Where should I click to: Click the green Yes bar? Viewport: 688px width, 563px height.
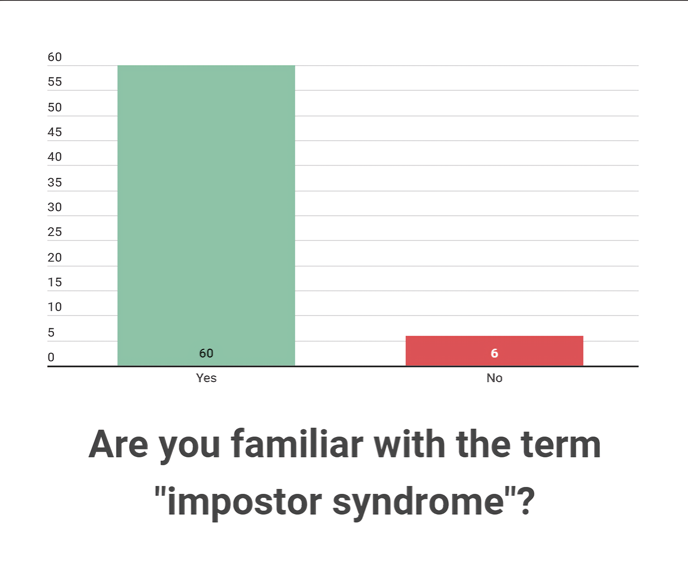pyautogui.click(x=206, y=215)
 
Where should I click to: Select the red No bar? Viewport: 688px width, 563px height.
pyautogui.click(x=494, y=351)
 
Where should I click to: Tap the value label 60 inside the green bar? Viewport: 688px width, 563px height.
pyautogui.click(x=206, y=353)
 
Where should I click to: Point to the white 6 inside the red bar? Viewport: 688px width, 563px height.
pyautogui.click(x=494, y=353)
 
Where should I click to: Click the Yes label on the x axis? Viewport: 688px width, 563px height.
pyautogui.click(x=206, y=378)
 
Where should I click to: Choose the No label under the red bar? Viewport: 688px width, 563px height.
pyautogui.click(x=494, y=378)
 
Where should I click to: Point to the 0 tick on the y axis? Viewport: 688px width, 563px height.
pyautogui.click(x=51, y=357)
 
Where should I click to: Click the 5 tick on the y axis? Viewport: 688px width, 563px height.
pyautogui.click(x=51, y=332)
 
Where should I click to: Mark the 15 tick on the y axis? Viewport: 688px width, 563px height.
pyautogui.click(x=54, y=282)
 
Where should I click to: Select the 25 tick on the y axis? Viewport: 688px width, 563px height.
pyautogui.click(x=54, y=232)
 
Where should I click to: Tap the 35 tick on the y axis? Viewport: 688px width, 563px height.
pyautogui.click(x=54, y=182)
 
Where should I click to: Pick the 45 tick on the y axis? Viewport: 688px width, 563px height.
pyautogui.click(x=54, y=132)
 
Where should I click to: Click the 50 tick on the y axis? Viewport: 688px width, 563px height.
pyautogui.click(x=54, y=107)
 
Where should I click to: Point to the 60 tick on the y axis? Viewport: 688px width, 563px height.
pyautogui.click(x=54, y=57)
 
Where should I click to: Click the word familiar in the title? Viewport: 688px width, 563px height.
pyautogui.click(x=297, y=444)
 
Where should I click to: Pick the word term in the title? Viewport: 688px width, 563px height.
pyautogui.click(x=560, y=444)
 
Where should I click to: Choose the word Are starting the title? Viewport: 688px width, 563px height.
pyautogui.click(x=118, y=444)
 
